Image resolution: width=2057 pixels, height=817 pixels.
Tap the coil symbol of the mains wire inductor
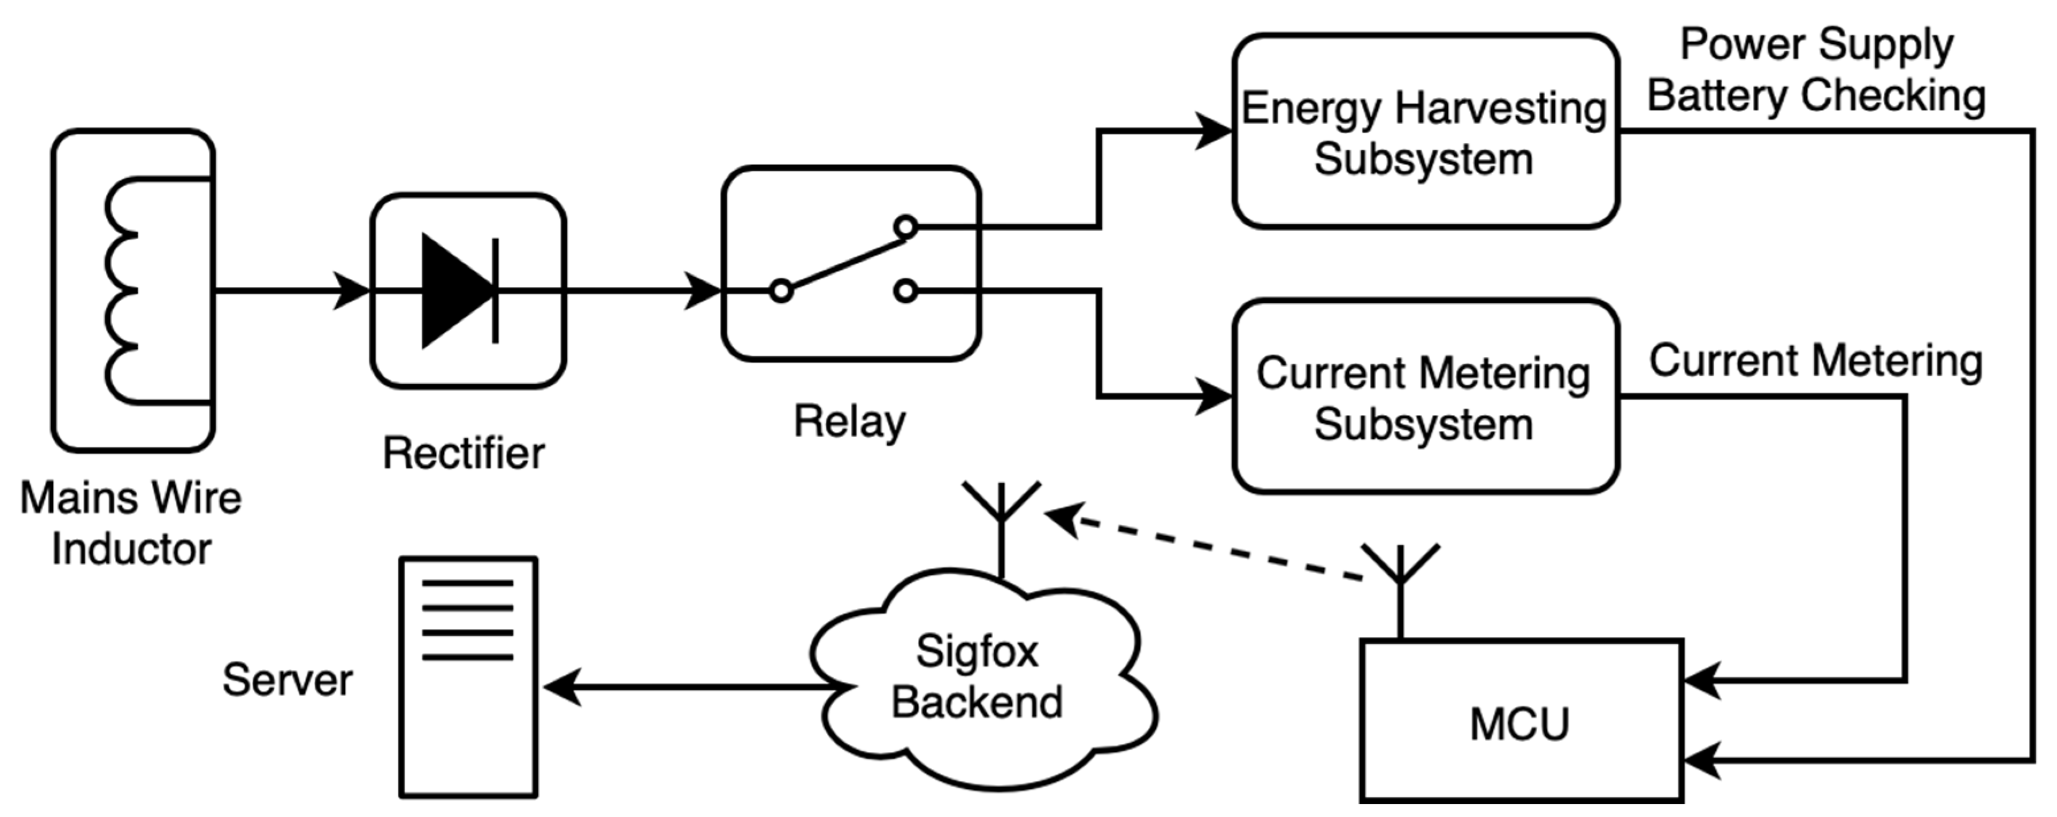click(x=124, y=291)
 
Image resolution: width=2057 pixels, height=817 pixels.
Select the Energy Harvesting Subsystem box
click(x=1426, y=132)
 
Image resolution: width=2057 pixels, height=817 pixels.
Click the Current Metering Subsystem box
click(x=1426, y=397)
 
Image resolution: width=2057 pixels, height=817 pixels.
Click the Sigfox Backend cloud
click(x=978, y=679)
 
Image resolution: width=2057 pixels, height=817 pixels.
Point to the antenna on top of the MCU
click(x=1400, y=587)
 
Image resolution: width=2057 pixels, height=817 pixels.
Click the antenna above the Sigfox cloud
click(x=1001, y=523)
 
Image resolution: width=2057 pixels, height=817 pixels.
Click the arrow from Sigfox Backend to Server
click(x=687, y=687)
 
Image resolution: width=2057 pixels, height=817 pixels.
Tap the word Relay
click(x=849, y=421)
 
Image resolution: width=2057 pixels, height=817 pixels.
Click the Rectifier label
click(x=463, y=453)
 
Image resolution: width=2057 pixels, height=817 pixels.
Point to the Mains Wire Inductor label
click(x=130, y=523)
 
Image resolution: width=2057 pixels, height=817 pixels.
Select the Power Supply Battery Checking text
click(x=1817, y=70)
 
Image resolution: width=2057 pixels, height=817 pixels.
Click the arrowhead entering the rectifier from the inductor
click(x=351, y=291)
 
